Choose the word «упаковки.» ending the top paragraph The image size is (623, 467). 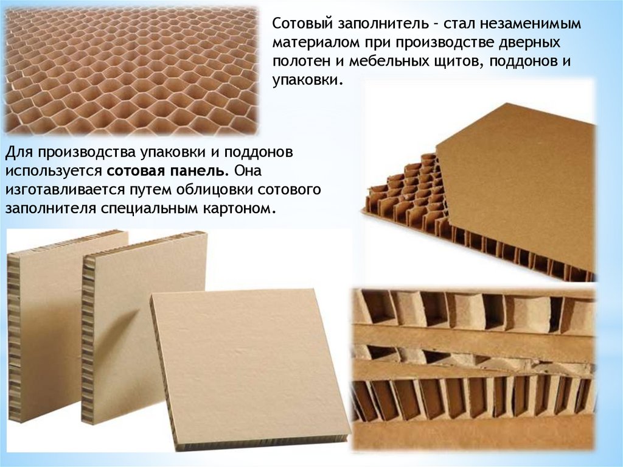(307, 81)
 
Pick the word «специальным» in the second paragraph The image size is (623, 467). (148, 209)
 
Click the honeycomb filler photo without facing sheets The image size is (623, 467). (131, 71)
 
